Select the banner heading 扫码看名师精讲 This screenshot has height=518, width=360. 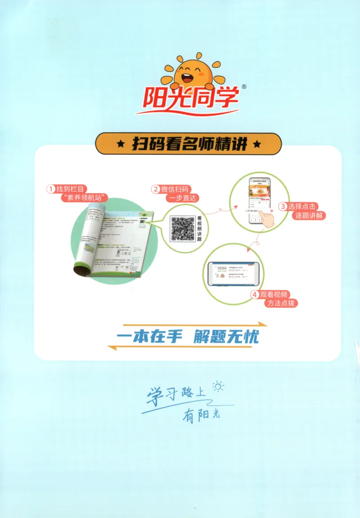pyautogui.click(x=189, y=144)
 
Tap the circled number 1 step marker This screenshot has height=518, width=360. pyautogui.click(x=51, y=189)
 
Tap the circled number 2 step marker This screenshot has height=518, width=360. pyautogui.click(x=155, y=189)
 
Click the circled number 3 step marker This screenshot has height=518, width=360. pyautogui.click(x=283, y=207)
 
